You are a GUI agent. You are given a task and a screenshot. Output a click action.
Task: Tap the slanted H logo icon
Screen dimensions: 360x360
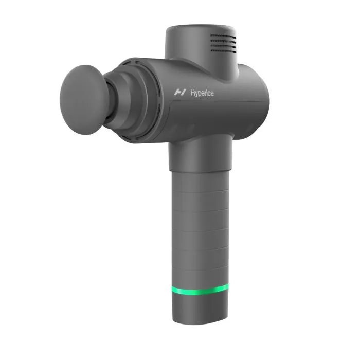pos(179,93)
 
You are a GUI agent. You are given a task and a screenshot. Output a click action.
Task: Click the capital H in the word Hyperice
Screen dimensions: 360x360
pos(191,93)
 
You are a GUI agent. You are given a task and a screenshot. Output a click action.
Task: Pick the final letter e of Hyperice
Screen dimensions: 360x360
pos(212,93)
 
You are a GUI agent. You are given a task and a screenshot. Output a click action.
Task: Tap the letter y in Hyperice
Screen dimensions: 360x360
pos(195,94)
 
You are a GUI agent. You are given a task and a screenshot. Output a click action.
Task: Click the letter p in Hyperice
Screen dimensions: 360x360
pos(199,94)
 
